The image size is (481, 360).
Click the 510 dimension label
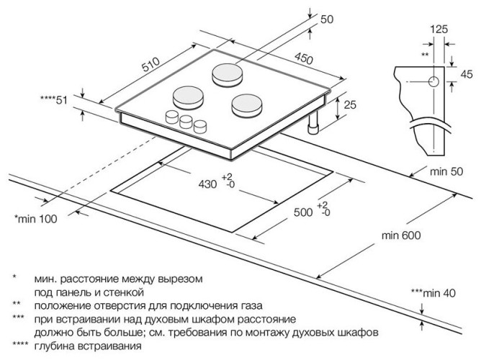[150, 67]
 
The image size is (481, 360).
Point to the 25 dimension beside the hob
[351, 106]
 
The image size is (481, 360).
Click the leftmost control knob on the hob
[173, 117]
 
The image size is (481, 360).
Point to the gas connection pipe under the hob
[313, 127]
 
